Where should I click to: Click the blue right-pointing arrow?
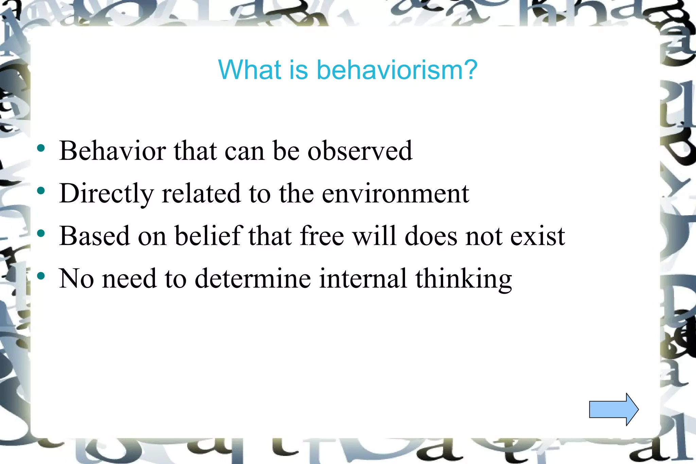point(613,409)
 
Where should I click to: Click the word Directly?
point(106,194)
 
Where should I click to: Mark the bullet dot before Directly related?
point(41,191)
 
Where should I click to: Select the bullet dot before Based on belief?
point(41,233)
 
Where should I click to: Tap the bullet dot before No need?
point(41,276)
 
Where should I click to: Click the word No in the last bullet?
point(76,278)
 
